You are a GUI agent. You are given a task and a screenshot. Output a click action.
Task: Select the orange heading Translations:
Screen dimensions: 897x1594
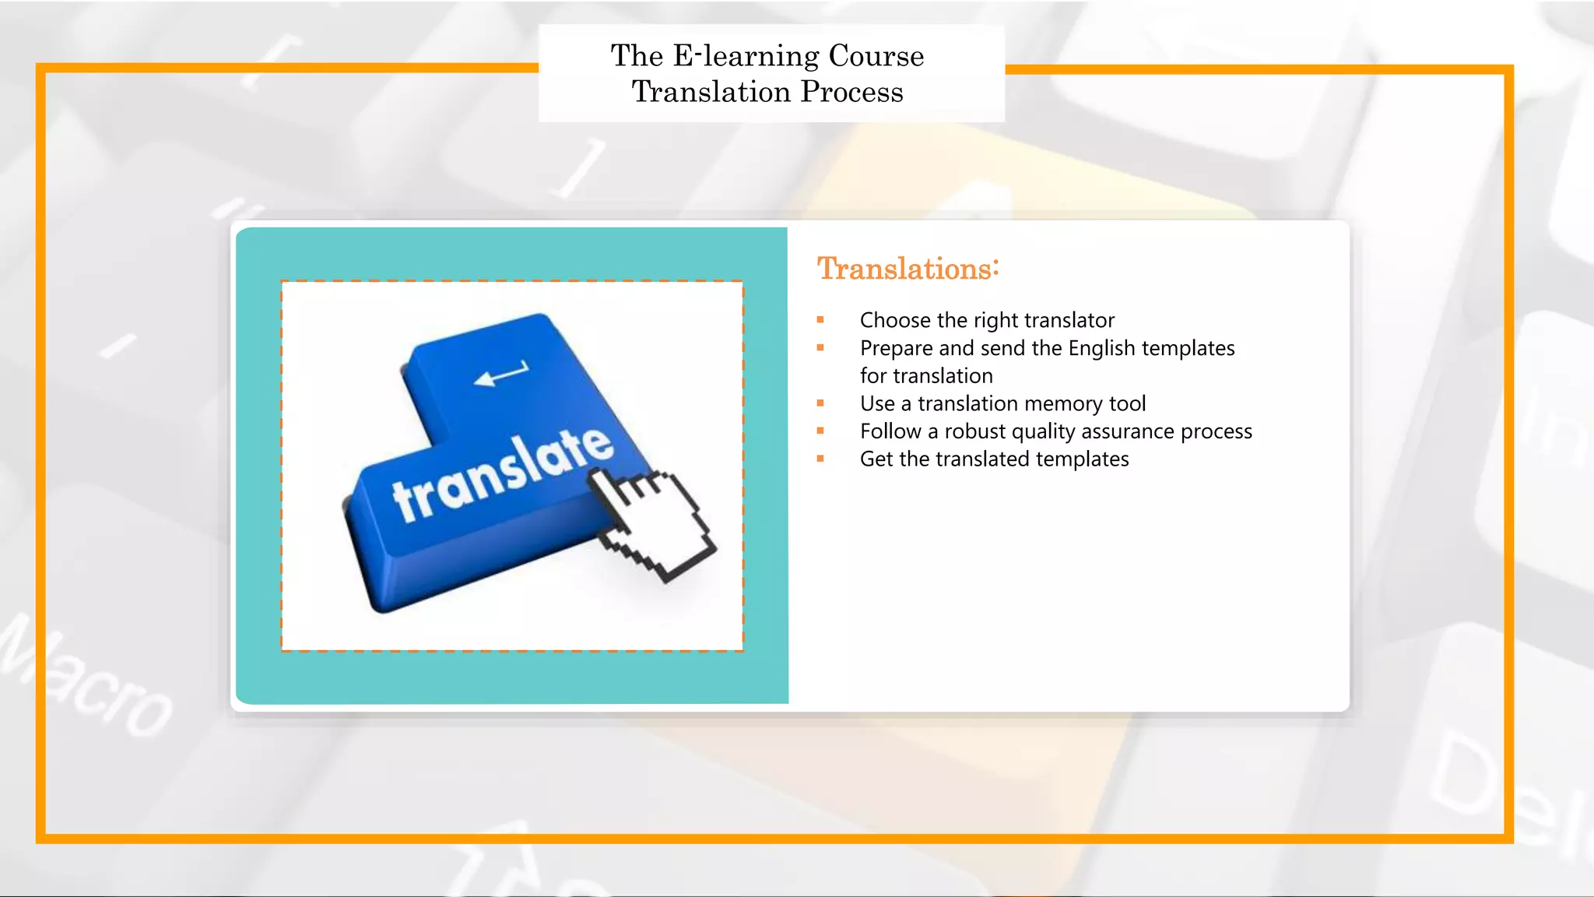908,269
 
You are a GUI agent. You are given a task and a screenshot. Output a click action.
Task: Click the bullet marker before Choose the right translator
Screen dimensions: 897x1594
820,320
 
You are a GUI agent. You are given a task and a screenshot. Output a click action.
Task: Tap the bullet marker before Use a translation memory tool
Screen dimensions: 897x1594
820,403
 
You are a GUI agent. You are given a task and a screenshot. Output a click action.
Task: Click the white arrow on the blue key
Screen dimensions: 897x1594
501,375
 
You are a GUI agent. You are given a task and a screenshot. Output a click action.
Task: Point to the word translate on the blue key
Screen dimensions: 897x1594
503,474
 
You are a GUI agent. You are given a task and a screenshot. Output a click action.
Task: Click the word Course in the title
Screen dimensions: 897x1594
876,56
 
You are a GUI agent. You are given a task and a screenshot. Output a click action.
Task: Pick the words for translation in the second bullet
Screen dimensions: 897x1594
926,376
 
